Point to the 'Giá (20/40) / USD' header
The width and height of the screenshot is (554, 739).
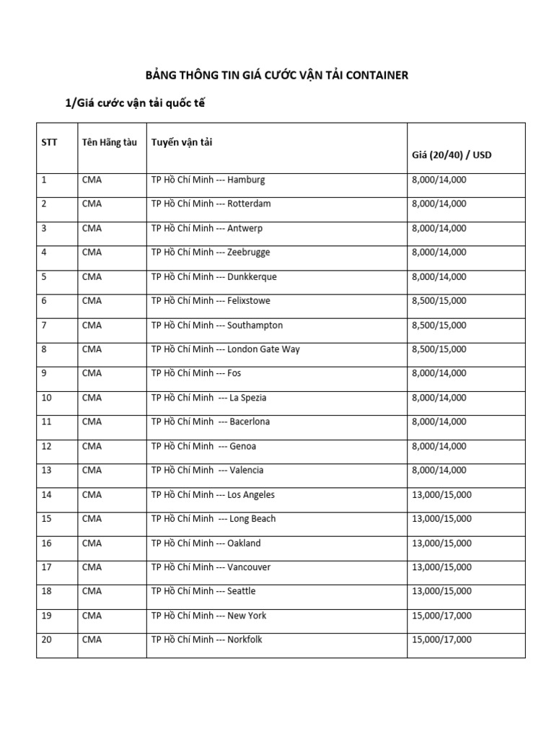452,154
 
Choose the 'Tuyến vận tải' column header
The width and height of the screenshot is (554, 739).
182,142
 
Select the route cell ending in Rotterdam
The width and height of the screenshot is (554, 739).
211,204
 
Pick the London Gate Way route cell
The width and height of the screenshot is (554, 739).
226,349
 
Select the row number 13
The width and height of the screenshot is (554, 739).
47,470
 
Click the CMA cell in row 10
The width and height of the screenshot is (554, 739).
92,398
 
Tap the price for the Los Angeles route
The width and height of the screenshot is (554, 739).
441,494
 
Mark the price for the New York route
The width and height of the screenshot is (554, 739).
441,616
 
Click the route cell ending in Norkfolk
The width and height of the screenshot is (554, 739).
207,639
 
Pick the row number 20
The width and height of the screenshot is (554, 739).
47,639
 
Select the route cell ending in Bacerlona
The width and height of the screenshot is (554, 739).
211,421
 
